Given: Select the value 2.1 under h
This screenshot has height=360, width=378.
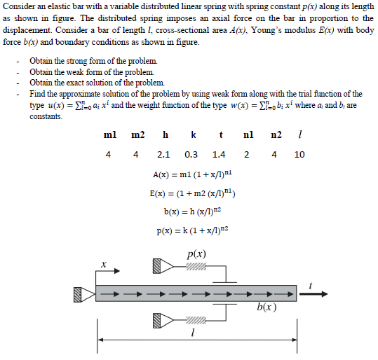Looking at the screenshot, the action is pyautogui.click(x=164, y=155).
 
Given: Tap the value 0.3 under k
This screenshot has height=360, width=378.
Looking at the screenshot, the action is pyautogui.click(x=191, y=155).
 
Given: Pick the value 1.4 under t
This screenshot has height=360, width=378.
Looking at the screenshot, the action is pyautogui.click(x=219, y=155).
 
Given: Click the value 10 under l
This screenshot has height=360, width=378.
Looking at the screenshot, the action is pyautogui.click(x=299, y=155).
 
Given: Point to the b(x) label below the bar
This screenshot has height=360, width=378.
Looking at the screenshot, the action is pyautogui.click(x=266, y=307).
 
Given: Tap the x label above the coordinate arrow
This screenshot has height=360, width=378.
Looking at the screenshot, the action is pyautogui.click(x=102, y=265).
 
